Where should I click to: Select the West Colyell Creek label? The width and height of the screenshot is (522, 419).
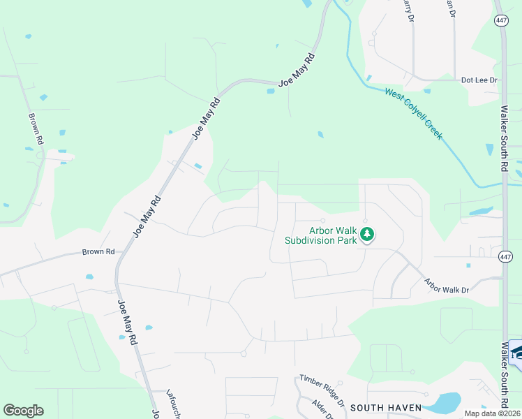coord(413,112)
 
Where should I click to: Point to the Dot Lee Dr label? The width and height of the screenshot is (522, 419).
coord(479,80)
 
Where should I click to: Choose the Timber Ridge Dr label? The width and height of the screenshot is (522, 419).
coord(322,390)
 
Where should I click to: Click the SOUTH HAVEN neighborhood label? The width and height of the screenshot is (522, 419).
coord(386,407)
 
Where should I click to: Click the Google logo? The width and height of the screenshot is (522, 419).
coord(23,411)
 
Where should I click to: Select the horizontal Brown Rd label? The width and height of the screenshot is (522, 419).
coord(98,251)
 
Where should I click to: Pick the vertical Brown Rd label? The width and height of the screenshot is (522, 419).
coord(36,129)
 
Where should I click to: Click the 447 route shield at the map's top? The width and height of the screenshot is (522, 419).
coord(501,21)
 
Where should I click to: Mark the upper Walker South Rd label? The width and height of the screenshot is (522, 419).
coord(504,138)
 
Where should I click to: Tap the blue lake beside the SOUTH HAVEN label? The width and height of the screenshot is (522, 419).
coord(443,402)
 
